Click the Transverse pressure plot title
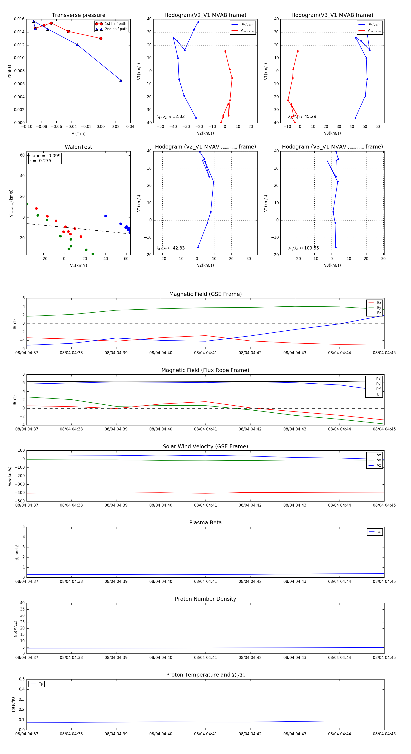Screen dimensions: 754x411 [78, 15]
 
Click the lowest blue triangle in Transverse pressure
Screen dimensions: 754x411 [121, 80]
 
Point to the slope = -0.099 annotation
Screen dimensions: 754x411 [45, 156]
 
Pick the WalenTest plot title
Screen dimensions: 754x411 [78, 147]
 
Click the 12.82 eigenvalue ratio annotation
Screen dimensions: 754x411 [178, 117]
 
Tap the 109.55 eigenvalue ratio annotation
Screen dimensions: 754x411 [311, 248]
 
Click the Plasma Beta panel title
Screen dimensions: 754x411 [205, 523]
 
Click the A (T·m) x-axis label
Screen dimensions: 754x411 [78, 134]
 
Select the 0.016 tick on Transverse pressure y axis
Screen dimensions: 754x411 [19, 19]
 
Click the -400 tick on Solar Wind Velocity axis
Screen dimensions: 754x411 [20, 493]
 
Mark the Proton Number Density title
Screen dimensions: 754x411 [205, 599]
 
